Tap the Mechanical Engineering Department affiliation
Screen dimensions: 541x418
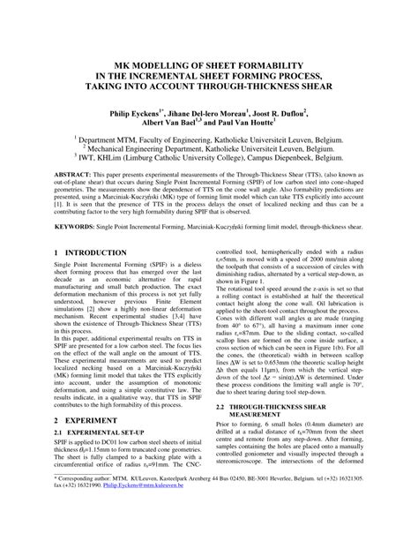[x=209, y=151]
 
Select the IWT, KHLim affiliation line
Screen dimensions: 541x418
[x=209, y=161]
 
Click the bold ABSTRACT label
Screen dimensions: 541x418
[x=73, y=177]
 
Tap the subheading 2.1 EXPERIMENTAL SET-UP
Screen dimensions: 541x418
[x=100, y=408]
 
